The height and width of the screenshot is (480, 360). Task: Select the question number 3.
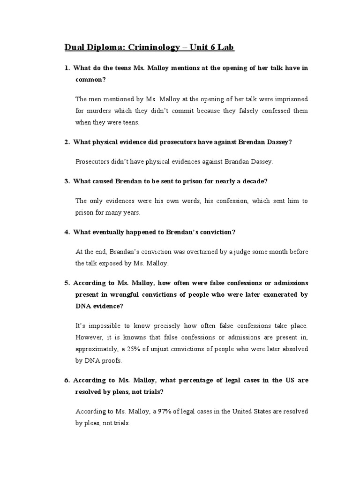[x=67, y=181]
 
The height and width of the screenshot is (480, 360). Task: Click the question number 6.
[x=67, y=380]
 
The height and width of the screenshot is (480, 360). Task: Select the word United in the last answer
[x=233, y=412]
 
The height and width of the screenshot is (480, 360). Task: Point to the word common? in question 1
[x=91, y=79]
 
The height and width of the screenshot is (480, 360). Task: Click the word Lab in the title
[x=225, y=47]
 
